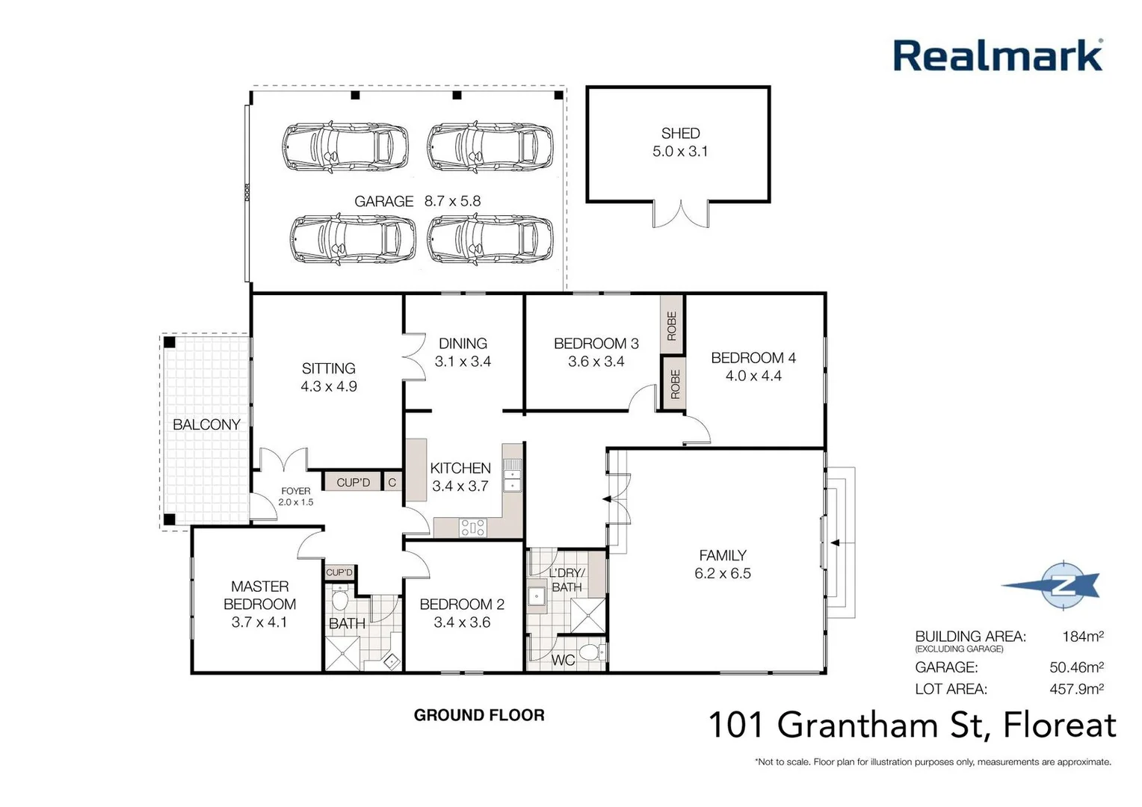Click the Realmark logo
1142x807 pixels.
(998, 56)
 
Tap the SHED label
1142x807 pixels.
(680, 134)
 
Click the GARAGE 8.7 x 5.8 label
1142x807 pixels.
(417, 201)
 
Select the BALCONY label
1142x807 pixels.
(206, 424)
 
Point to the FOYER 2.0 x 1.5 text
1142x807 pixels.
(296, 497)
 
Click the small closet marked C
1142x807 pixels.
(392, 483)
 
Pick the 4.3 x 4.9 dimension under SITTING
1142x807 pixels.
(329, 386)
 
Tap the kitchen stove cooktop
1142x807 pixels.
(473, 528)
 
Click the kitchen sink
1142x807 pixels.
(512, 476)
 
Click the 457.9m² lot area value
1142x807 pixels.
(1076, 689)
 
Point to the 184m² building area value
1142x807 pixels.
(1082, 637)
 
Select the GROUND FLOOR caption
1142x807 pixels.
(479, 715)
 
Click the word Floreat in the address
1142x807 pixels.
(1059, 725)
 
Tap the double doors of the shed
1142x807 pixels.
(680, 214)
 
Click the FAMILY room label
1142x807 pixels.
(723, 555)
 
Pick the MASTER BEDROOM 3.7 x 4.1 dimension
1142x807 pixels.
(259, 622)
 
